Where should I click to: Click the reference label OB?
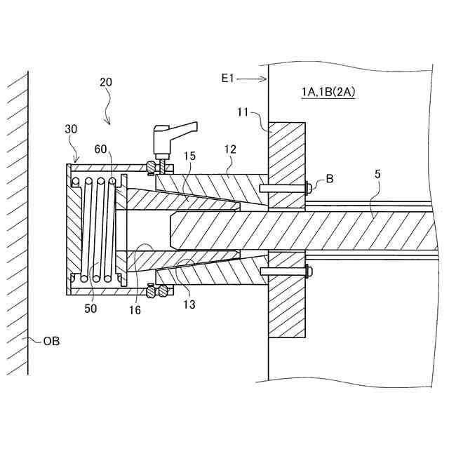pos(51,342)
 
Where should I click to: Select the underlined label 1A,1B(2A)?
pos(326,93)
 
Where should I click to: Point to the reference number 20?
pos(106,82)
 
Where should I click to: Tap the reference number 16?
pos(134,309)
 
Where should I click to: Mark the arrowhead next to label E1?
pos(264,80)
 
